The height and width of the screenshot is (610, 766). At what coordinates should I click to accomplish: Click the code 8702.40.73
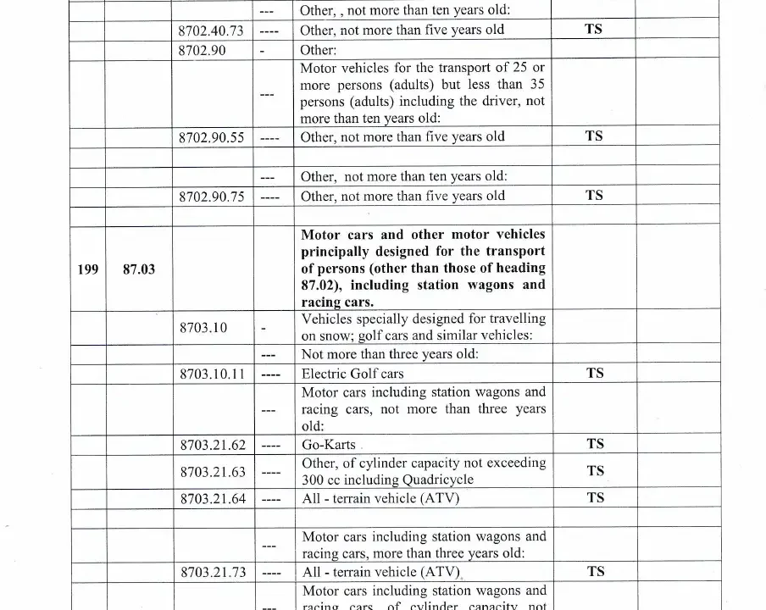click(x=211, y=30)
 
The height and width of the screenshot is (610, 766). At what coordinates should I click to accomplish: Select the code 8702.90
click(x=202, y=50)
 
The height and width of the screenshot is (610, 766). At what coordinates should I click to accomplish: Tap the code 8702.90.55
click(x=211, y=137)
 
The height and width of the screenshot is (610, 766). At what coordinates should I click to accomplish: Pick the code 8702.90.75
click(x=211, y=197)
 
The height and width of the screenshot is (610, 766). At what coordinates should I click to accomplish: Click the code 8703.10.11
click(x=211, y=374)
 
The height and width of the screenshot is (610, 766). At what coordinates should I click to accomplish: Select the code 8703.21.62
click(x=213, y=445)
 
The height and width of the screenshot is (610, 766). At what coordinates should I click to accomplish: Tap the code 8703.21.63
click(x=213, y=472)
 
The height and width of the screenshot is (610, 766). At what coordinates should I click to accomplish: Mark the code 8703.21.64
click(x=213, y=499)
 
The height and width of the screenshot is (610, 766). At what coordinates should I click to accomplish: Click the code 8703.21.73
click(x=213, y=573)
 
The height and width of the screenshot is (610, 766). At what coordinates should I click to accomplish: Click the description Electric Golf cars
click(x=352, y=374)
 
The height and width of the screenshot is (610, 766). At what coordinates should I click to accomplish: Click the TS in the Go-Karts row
click(x=595, y=444)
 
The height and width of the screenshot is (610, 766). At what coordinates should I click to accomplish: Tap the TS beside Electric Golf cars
click(x=595, y=373)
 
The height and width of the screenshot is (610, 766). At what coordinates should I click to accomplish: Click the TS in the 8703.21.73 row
click(x=595, y=572)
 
